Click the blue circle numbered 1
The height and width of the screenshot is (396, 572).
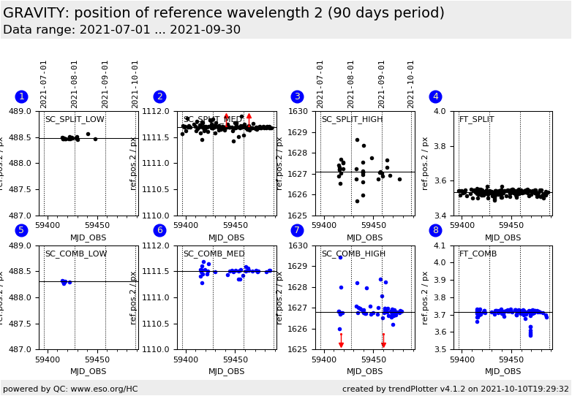(21, 96)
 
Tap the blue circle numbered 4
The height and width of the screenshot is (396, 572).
(435, 96)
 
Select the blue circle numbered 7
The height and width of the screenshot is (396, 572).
(297, 230)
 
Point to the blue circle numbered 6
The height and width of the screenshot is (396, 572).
(159, 230)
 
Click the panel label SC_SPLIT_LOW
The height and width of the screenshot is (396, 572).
(75, 120)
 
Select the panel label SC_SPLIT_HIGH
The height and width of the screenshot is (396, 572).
(352, 120)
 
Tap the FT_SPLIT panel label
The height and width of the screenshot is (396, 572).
(476, 120)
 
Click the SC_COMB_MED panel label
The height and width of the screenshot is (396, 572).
(214, 254)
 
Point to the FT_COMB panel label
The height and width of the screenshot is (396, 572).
(478, 254)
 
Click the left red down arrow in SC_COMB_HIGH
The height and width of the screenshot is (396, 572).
(341, 341)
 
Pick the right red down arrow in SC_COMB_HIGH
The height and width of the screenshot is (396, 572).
(383, 341)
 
